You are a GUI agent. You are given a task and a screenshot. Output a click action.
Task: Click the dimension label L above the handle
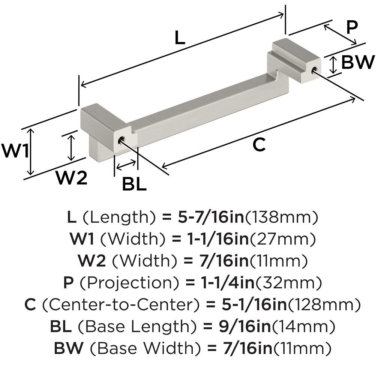(x=180, y=38)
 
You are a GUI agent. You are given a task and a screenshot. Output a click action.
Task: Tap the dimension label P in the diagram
(x=352, y=27)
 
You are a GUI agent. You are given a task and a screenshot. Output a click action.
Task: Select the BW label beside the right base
(x=358, y=62)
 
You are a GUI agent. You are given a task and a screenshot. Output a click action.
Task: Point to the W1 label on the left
(x=15, y=150)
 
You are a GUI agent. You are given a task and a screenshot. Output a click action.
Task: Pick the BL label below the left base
(x=134, y=184)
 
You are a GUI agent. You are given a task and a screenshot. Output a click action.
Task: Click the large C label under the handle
(x=259, y=145)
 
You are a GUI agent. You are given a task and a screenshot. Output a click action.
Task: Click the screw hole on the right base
(x=314, y=69)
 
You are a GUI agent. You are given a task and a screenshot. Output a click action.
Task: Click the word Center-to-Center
(x=120, y=305)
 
